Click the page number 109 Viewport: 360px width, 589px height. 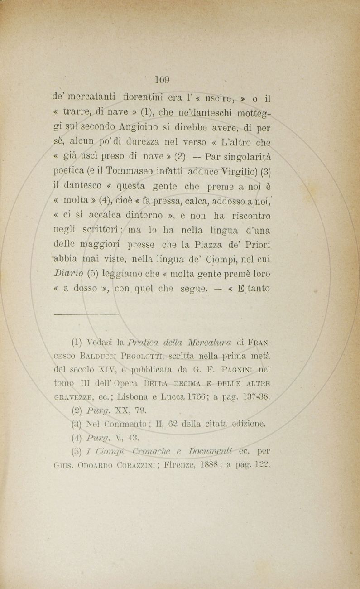(x=162, y=80)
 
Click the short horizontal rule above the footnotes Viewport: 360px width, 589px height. (x=86, y=314)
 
